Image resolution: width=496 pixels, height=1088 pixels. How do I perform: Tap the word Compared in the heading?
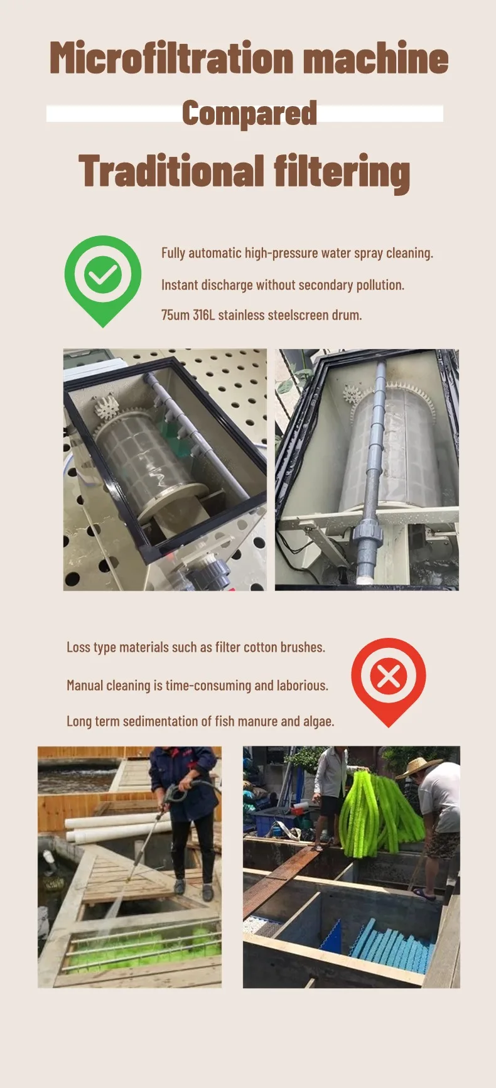point(249,114)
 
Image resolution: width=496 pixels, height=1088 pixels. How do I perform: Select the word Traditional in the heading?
point(171,171)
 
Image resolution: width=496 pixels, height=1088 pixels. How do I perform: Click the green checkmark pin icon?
point(103,276)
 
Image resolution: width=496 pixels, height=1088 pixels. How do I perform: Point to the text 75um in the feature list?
point(175,315)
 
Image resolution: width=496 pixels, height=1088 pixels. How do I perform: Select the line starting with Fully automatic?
point(297,253)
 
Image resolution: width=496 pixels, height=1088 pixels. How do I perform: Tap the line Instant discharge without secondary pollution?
point(283,285)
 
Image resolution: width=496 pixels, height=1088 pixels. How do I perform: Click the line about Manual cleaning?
point(197,685)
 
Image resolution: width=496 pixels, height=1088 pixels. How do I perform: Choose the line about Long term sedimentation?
point(200,721)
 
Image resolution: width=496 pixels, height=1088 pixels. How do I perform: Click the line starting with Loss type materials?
point(196,647)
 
